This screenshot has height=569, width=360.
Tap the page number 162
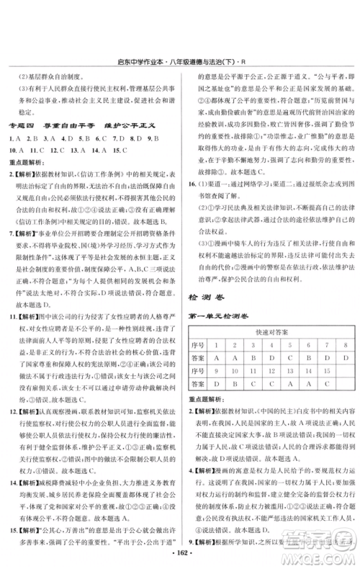click(x=181, y=560)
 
